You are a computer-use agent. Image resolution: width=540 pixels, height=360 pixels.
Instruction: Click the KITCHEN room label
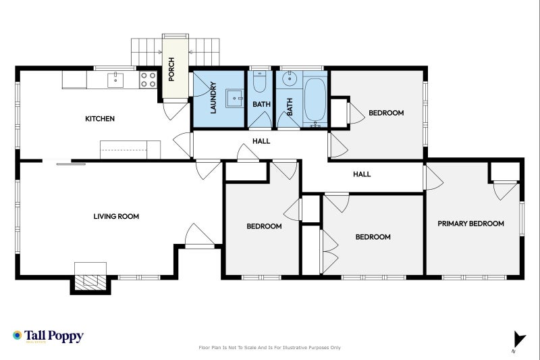pyautogui.click(x=100, y=119)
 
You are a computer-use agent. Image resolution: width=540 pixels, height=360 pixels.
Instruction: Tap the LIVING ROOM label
pyautogui.click(x=116, y=216)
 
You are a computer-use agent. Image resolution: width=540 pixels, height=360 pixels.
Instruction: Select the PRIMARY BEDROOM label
pyautogui.click(x=470, y=224)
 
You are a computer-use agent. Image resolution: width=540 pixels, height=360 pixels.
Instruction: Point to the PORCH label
pyautogui.click(x=171, y=70)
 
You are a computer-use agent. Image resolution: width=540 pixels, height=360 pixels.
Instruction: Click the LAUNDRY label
pyautogui.click(x=213, y=97)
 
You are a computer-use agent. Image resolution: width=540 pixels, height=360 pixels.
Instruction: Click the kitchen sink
pyautogui.click(x=115, y=80)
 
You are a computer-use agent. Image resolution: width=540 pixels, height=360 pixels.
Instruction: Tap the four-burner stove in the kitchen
pyautogui.click(x=148, y=80)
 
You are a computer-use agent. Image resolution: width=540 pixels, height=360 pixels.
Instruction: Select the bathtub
pyautogui.click(x=315, y=100)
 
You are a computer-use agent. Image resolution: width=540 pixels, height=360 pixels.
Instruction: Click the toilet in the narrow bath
pyautogui.click(x=259, y=81)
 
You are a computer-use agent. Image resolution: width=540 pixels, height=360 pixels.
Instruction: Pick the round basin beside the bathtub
pyautogui.click(x=290, y=78)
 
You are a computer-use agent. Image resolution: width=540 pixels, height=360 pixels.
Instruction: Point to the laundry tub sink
pyautogui.click(x=235, y=99)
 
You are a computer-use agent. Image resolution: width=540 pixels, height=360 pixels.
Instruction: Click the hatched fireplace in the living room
pyautogui.click(x=90, y=282)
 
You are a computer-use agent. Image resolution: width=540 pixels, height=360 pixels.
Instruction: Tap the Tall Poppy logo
pyautogui.click(x=48, y=336)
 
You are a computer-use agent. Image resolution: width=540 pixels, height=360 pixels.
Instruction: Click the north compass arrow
pyautogui.click(x=519, y=339)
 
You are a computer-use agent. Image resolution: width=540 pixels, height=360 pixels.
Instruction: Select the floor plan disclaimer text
pyautogui.click(x=269, y=348)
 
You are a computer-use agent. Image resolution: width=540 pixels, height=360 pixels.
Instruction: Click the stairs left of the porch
pyautogui.click(x=146, y=52)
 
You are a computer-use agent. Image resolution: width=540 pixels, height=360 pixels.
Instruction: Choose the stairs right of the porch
pyautogui.click(x=204, y=52)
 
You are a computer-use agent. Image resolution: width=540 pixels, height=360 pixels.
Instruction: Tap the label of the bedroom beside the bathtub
pyautogui.click(x=386, y=113)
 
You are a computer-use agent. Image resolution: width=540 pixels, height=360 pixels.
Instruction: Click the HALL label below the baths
pyautogui.click(x=261, y=141)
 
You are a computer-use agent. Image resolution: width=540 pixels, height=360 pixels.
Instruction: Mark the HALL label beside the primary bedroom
pyautogui.click(x=362, y=174)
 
